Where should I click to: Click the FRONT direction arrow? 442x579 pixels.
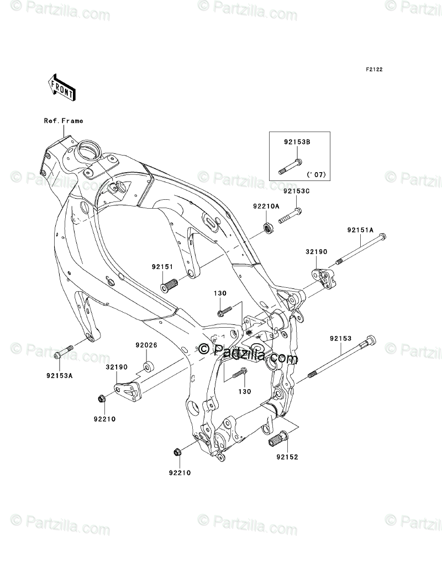(62, 87)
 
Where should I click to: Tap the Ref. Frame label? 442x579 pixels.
(64, 121)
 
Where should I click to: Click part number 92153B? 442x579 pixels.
(297, 142)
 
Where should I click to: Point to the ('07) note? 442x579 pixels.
(317, 174)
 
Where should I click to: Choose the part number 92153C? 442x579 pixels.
(297, 192)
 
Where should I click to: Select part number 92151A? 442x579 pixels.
(360, 230)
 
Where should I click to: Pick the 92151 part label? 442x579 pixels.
(162, 267)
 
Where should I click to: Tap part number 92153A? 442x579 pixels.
(59, 376)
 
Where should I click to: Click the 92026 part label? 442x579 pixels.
(146, 345)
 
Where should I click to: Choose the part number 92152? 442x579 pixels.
(287, 457)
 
